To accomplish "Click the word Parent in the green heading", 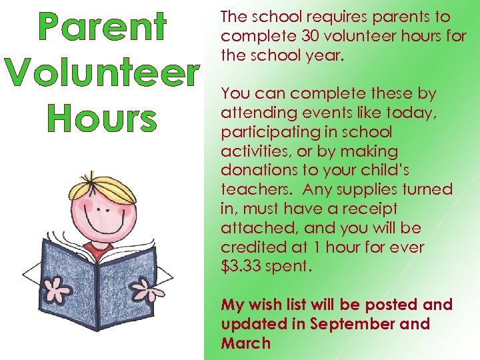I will tap(102, 29).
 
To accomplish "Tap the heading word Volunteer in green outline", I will tap(102, 74).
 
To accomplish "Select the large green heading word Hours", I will tap(102, 118).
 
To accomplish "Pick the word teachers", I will tap(256, 189).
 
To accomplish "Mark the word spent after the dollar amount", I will tap(287, 267).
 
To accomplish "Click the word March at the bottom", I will tap(246, 343).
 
